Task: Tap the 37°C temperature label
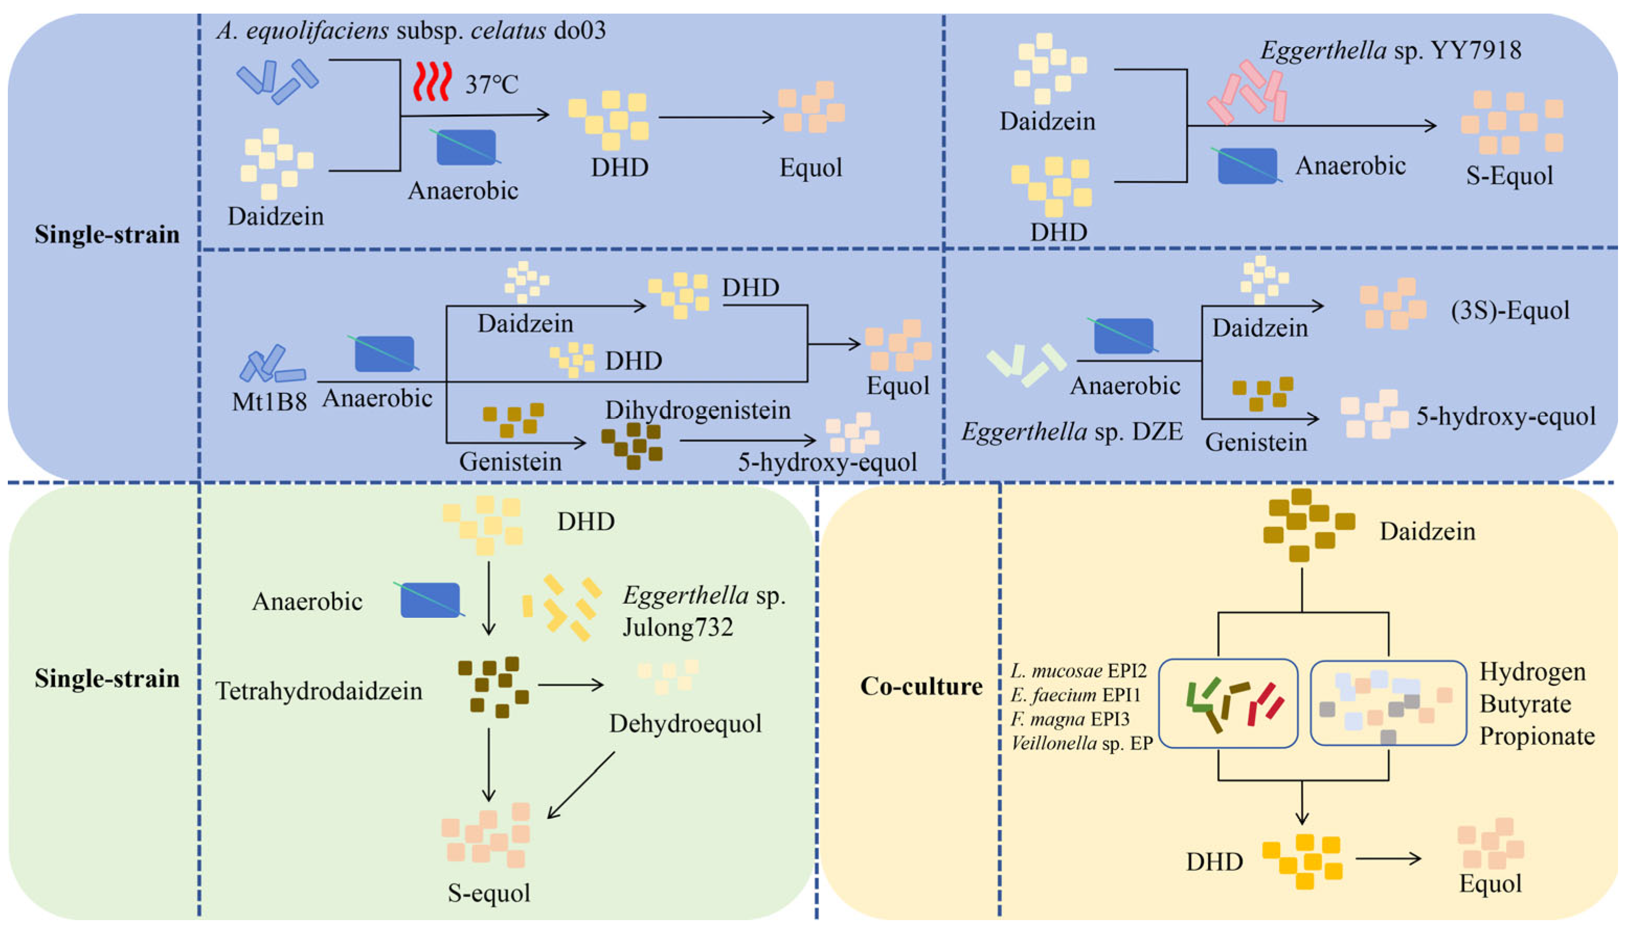coord(491,84)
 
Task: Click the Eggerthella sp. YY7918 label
coord(1391,50)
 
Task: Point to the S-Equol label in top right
coord(1509,175)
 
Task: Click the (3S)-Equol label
coord(1510,311)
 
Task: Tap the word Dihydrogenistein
coord(698,410)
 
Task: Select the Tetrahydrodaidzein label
coord(318,691)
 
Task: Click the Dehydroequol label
coord(685,723)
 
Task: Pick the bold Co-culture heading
coord(920,686)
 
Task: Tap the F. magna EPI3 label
coord(1069,719)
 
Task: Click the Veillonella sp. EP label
coord(1081,743)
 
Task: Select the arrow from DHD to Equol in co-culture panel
coord(1388,859)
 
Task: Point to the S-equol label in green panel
coord(488,892)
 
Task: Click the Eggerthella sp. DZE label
coord(1072,432)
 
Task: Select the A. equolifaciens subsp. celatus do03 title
coord(411,30)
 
